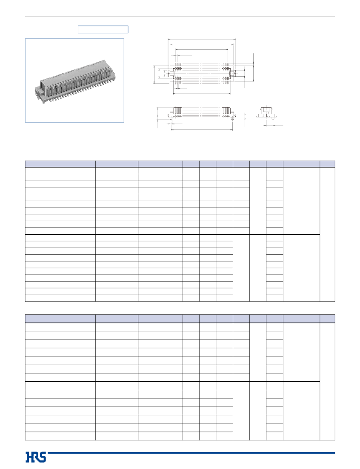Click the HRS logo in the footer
36,457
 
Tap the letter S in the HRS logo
43,457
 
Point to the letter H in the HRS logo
29,457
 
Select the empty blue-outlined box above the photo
103,29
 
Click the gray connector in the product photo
75,82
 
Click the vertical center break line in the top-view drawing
202,75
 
